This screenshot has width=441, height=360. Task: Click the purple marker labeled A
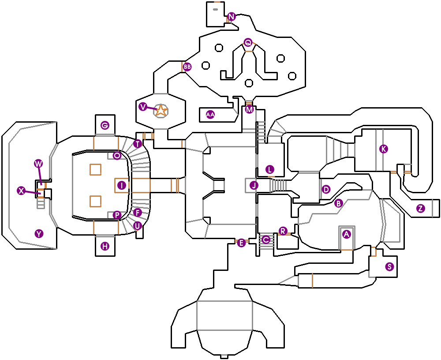coord(346,234)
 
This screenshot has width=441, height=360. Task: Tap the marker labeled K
coord(384,149)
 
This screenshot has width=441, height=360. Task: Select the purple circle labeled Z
coord(421,208)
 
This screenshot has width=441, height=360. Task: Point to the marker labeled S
coord(389,266)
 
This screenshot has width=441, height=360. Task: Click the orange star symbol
coord(161,111)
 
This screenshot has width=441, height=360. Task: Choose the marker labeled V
coord(142,107)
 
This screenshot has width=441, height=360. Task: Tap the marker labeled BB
coord(187,67)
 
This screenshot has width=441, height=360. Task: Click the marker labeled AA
coord(210,115)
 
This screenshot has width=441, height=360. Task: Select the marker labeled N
coord(231,17)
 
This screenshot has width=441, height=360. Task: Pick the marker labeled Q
coord(248,43)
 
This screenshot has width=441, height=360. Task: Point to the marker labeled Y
coord(39,234)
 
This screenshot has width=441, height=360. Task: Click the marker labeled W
coord(38,164)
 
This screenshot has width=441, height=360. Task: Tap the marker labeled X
coord(21,191)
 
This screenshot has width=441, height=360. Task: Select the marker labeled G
coord(105,125)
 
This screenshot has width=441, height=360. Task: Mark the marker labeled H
coord(105,247)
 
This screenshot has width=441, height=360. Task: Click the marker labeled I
coord(122,186)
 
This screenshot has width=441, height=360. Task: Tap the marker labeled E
coord(241,243)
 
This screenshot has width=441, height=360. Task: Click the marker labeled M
coord(250,109)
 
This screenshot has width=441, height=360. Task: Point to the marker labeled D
coord(326,190)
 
